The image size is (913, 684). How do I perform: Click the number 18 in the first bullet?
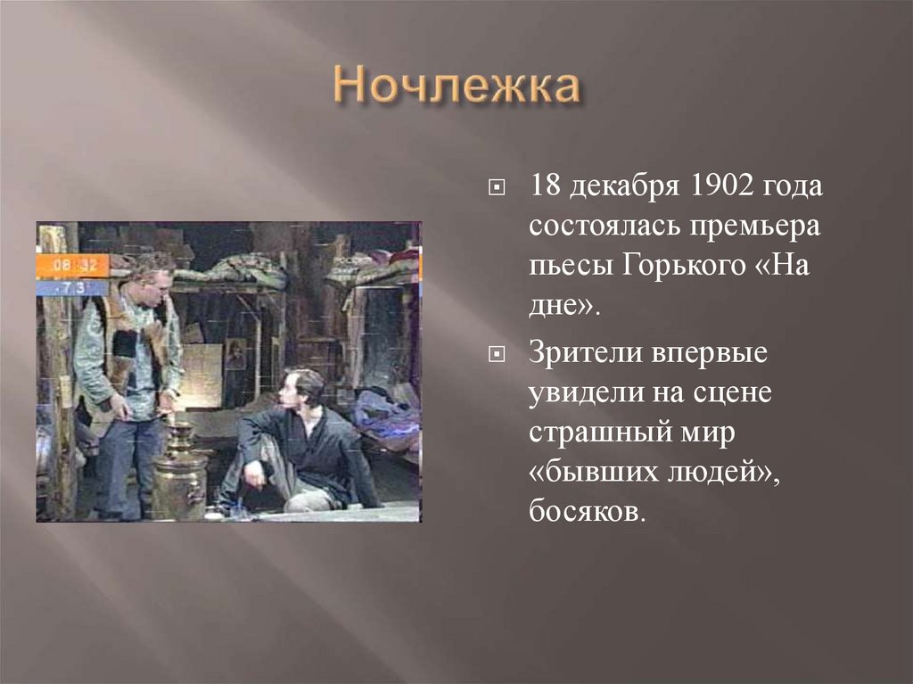click(546, 187)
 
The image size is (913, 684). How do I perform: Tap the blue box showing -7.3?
click(71, 288)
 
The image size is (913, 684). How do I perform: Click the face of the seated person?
click(292, 388)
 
